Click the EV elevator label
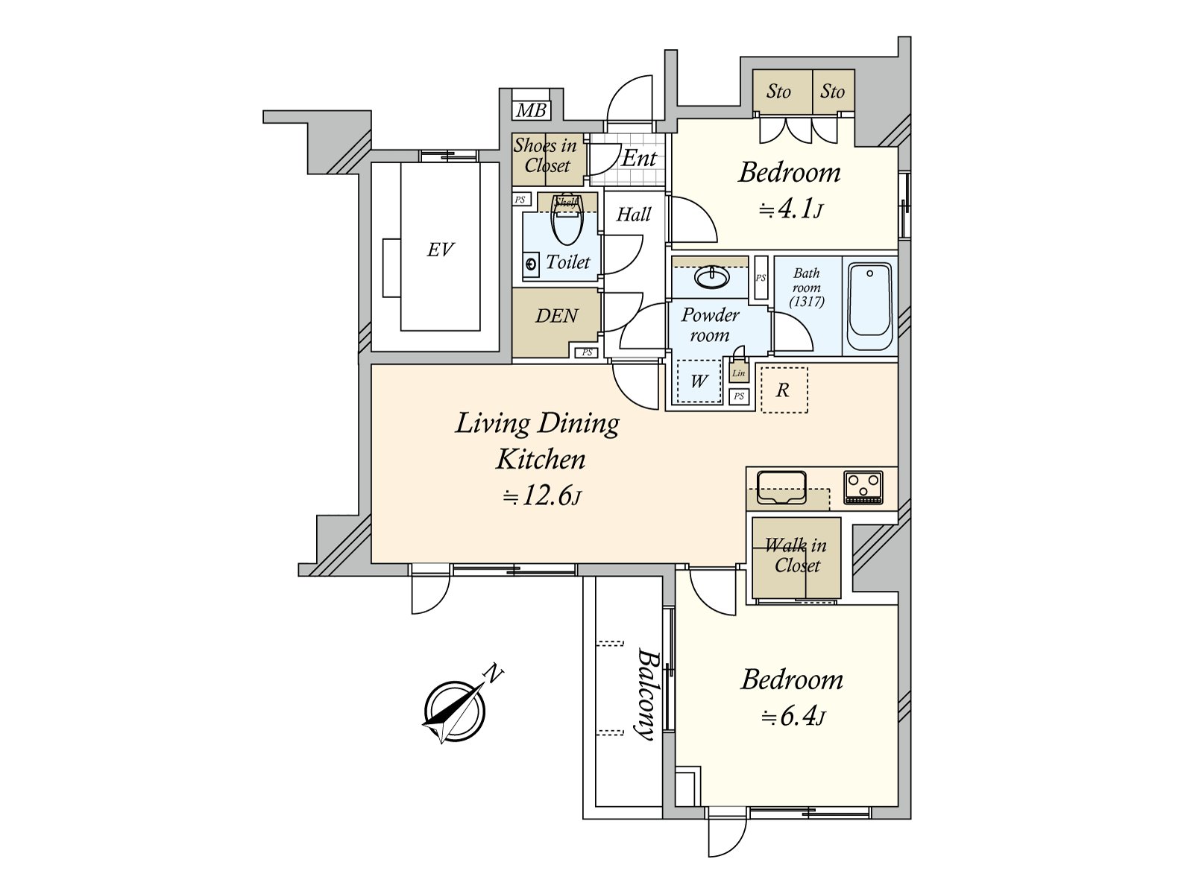[x=440, y=250]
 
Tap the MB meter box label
[x=531, y=111]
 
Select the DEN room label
[x=556, y=316]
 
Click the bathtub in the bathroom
[x=869, y=307]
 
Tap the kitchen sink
[x=781, y=487]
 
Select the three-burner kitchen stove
[x=863, y=486]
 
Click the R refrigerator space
[x=784, y=390]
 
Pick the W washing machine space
[x=699, y=381]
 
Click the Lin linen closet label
[x=739, y=373]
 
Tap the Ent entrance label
[x=639, y=159]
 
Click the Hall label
[x=633, y=215]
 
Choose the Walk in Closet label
[x=796, y=555]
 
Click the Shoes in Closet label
[x=546, y=156]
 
